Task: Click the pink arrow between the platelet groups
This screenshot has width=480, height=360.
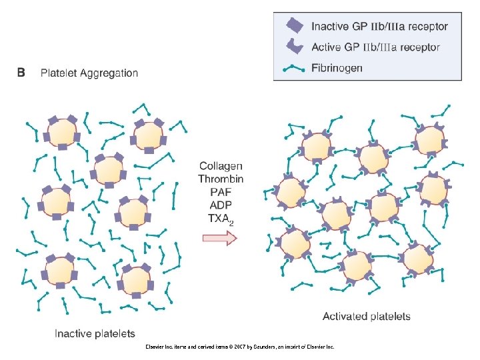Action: (x=219, y=239)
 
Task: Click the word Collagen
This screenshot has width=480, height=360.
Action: (x=221, y=166)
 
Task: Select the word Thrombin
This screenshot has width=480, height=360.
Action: (x=221, y=179)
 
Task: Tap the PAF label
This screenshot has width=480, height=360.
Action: (x=221, y=191)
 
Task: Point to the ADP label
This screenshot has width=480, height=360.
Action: (x=221, y=204)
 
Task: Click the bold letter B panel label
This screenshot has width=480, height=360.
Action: (x=21, y=73)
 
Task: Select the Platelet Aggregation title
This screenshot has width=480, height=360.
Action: (x=89, y=73)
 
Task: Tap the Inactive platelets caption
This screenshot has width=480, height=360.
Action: (x=95, y=333)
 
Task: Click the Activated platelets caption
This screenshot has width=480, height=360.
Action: (x=367, y=316)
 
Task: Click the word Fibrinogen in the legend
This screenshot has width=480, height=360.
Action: (x=337, y=68)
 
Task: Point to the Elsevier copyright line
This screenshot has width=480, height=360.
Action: (x=239, y=347)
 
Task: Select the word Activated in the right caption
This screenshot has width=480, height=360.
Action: (x=345, y=316)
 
